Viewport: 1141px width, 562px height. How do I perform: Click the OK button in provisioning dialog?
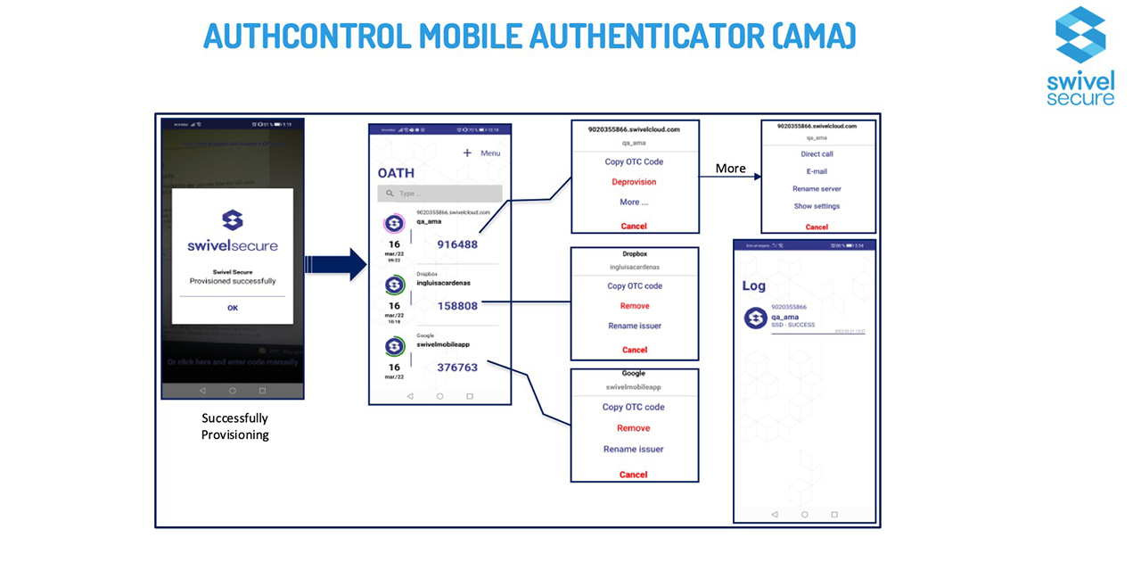point(233,308)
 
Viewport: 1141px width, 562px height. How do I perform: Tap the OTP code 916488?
point(457,244)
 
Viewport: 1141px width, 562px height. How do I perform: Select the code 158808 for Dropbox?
point(457,305)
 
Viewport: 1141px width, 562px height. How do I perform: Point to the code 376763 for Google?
point(457,367)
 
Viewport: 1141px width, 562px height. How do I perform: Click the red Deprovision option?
point(634,182)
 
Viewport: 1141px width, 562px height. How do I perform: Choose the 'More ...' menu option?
point(634,202)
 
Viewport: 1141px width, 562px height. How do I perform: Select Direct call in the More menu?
point(817,154)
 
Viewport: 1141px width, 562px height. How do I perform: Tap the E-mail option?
point(817,171)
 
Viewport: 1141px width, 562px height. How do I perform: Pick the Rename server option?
point(817,189)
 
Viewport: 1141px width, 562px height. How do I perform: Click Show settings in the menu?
point(817,206)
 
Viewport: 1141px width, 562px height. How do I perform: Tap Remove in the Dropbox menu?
point(634,306)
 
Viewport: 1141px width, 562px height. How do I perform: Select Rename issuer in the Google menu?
point(634,450)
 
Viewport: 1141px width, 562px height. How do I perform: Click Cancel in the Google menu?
point(634,475)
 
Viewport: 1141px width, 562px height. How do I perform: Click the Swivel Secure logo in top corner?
point(1080,55)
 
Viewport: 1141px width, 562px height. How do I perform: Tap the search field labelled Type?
point(439,194)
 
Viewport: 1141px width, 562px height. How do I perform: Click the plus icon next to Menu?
point(466,153)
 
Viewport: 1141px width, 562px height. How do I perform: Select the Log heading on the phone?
point(753,286)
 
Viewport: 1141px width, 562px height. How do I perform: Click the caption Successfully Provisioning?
point(234,426)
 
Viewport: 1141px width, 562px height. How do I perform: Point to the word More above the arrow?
point(730,169)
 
